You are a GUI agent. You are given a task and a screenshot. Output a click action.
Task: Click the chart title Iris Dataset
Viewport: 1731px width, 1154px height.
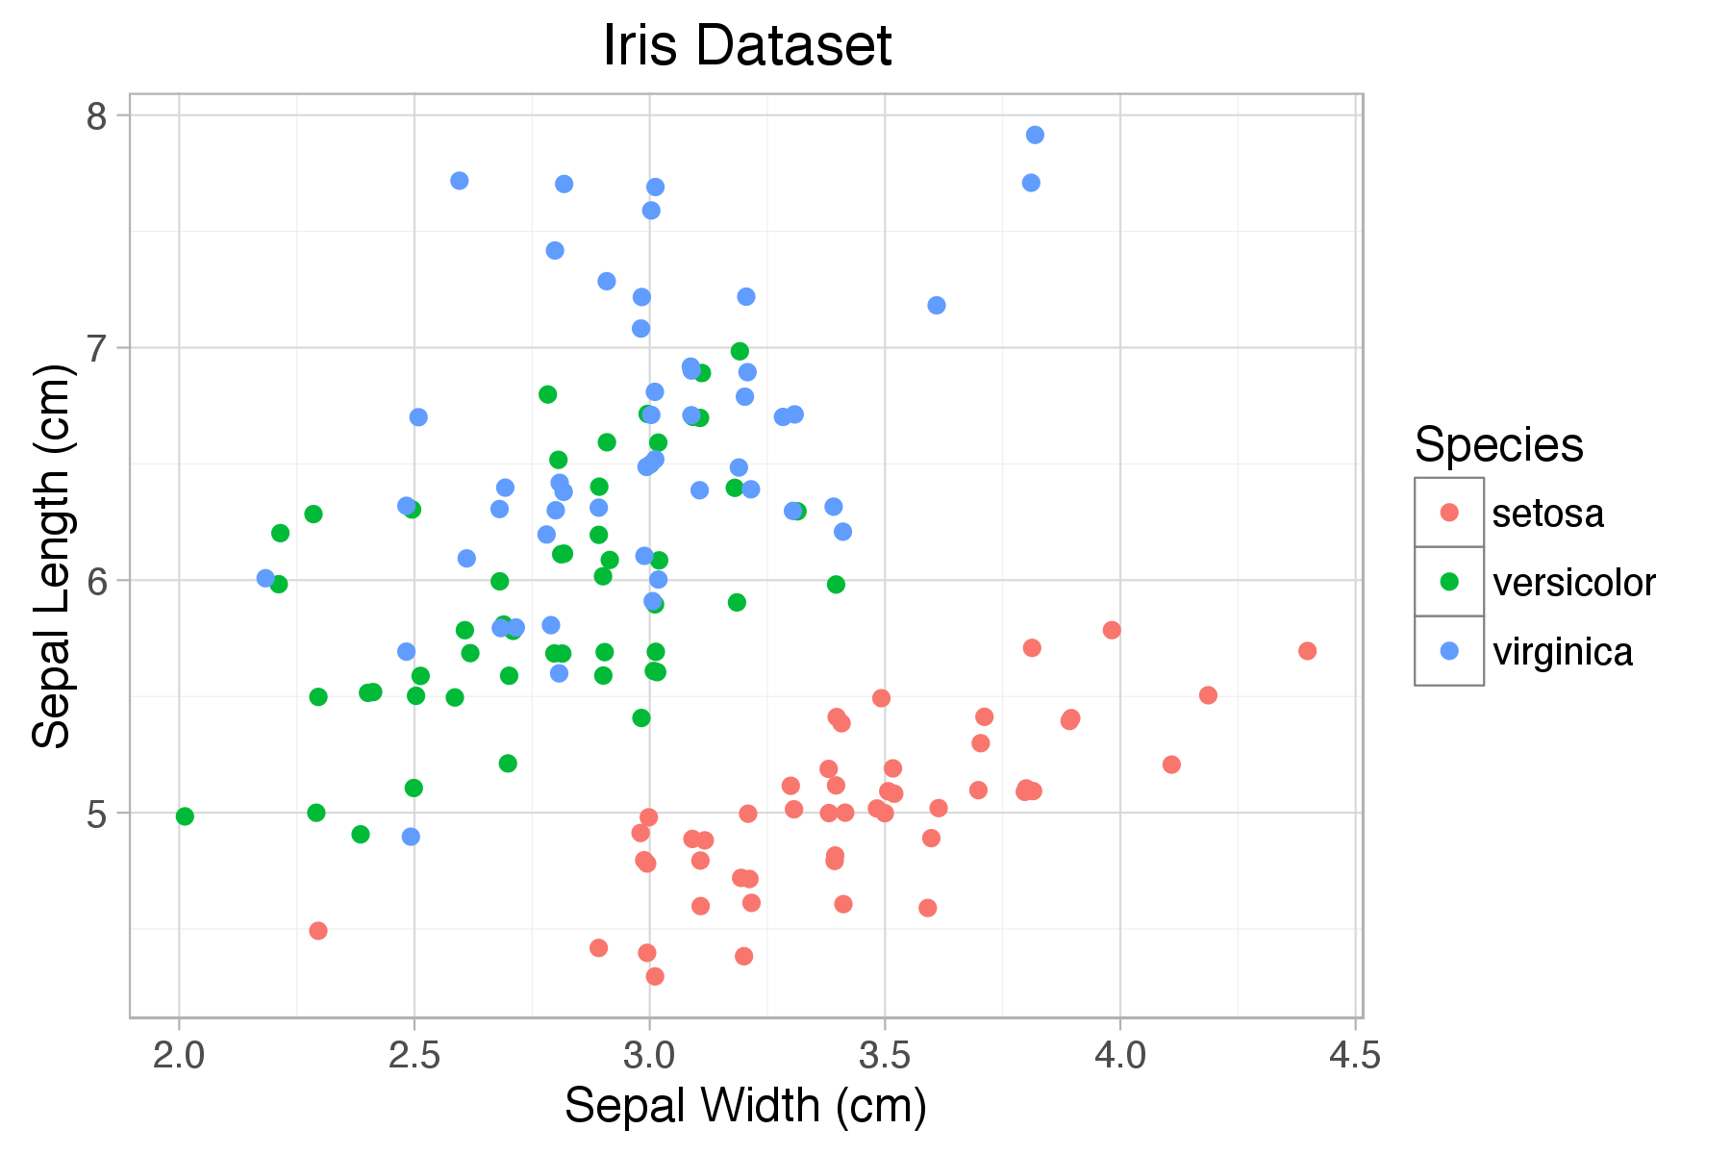[x=747, y=45]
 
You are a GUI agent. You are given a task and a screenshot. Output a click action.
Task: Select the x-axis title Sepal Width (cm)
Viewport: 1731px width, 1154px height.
[x=745, y=1105]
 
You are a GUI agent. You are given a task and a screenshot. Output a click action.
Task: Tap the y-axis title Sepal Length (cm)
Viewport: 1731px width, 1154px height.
[x=52, y=556]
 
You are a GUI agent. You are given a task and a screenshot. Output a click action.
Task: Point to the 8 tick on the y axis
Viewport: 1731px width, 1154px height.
[x=96, y=116]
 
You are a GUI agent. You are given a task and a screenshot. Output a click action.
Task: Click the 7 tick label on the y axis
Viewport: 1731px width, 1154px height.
[x=96, y=348]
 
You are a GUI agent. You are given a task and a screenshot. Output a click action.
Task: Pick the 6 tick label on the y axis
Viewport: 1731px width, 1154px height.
[x=96, y=581]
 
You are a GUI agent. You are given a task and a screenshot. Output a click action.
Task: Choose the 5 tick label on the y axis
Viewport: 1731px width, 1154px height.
[x=96, y=814]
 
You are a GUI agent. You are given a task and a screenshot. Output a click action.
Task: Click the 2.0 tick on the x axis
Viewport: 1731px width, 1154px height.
[x=179, y=1056]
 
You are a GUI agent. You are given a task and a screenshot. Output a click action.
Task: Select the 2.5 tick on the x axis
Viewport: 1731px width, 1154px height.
[x=414, y=1056]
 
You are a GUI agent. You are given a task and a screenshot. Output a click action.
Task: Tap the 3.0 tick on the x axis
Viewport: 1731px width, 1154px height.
[x=649, y=1056]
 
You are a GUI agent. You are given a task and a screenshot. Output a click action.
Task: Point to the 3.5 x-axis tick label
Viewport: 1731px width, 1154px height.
[x=885, y=1056]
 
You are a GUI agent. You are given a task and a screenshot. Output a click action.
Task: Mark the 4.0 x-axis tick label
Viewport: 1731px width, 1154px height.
[x=1120, y=1056]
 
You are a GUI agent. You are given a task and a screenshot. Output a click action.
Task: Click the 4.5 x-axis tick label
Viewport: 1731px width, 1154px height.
[x=1355, y=1056]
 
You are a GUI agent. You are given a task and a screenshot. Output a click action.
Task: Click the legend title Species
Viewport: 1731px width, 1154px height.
[x=1498, y=445]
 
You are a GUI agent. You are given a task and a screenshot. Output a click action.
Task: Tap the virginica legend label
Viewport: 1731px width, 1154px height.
[x=1562, y=652]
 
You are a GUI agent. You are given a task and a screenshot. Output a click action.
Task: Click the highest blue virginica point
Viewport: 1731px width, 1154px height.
[x=1035, y=135]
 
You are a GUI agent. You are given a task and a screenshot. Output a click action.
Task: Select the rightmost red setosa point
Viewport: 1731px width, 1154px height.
[x=1307, y=651]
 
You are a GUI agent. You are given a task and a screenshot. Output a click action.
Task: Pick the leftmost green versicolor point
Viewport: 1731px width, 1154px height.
[x=185, y=816]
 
